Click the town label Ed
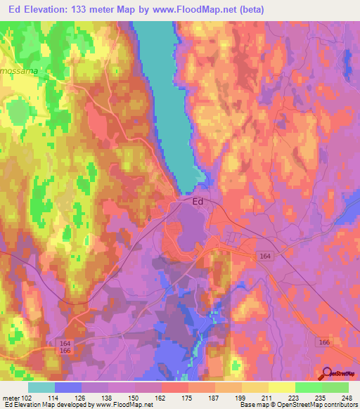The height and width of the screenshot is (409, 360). (198, 201)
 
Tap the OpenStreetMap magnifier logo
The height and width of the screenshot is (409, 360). (327, 375)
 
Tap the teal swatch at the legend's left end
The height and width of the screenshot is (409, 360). (41, 387)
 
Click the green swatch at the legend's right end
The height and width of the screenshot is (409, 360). (335, 387)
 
